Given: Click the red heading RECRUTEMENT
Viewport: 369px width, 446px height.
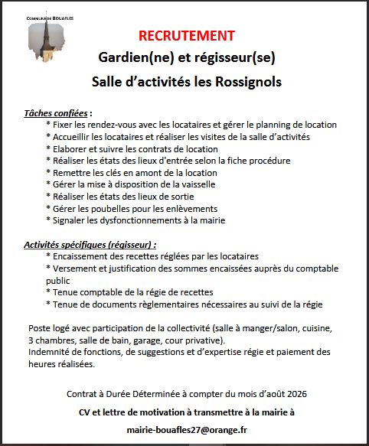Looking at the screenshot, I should click(187, 36).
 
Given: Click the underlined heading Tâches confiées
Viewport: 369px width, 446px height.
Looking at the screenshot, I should click(57, 112).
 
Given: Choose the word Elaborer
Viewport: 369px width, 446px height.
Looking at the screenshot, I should click(71, 148).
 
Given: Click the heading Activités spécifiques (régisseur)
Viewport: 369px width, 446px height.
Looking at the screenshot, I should click(90, 245).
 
